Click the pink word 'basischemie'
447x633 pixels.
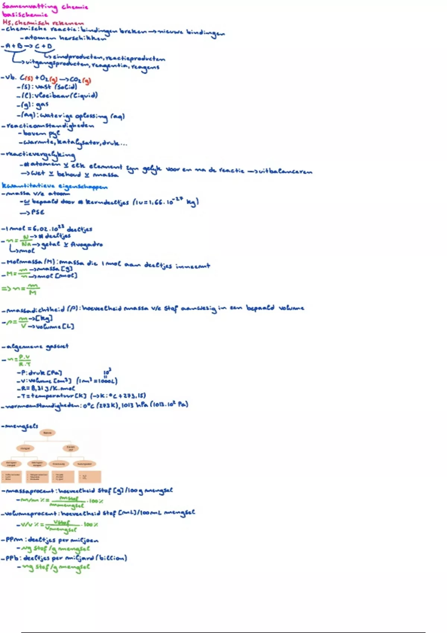pos(25,15)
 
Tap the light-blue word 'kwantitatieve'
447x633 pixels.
pos(28,185)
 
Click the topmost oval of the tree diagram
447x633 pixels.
pos(47,433)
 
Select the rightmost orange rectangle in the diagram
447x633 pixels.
pos(89,477)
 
